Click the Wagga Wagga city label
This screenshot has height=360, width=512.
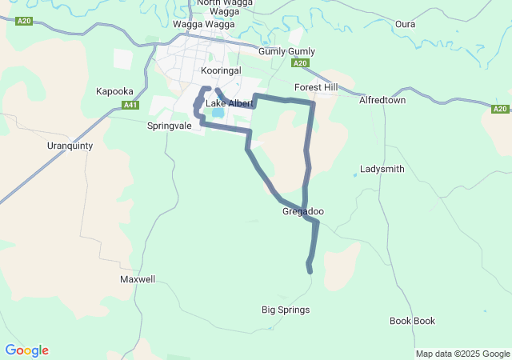point(204,24)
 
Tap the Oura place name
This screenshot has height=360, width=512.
point(405,24)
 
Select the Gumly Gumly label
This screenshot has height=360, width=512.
point(286,51)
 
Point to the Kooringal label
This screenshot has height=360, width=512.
point(221,70)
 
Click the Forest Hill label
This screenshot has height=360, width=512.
point(316,87)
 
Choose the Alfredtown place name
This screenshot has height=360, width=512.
point(382,101)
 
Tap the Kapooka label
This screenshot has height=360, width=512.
point(114,91)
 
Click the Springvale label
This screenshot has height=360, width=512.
point(170,126)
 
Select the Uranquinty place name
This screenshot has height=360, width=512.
point(70,146)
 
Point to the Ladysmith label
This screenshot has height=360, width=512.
point(382,170)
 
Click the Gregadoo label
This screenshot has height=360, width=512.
point(303,212)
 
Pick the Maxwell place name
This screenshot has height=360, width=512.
point(138,280)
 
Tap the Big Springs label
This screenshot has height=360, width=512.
point(286,310)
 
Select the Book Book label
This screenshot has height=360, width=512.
point(413,321)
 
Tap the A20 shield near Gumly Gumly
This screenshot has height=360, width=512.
point(300,63)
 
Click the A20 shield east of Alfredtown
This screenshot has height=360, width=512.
point(500,109)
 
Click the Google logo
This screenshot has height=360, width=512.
point(26,350)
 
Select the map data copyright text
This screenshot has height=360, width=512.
point(462,354)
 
